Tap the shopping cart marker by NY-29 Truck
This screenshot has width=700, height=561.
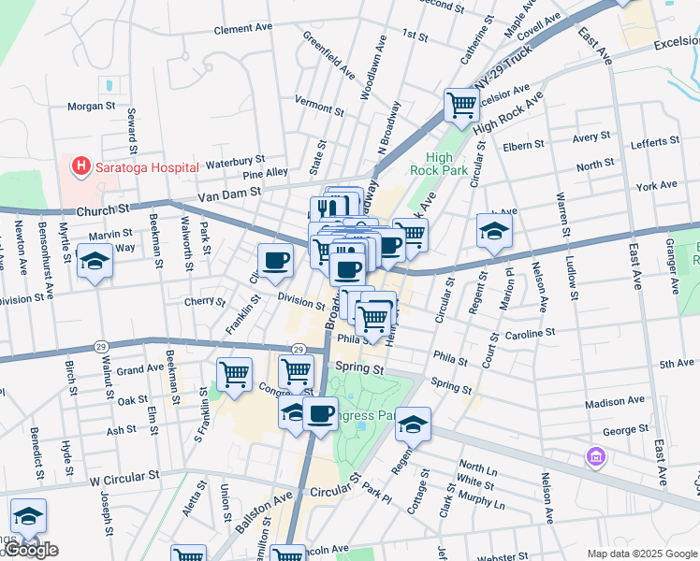461,107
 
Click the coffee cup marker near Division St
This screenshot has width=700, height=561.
275,261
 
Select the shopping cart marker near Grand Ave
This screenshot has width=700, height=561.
234,376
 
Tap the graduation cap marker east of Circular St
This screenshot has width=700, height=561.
493,232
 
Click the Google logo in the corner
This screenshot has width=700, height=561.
31,551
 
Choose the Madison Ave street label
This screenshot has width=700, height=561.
615,401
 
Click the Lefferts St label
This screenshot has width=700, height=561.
655,141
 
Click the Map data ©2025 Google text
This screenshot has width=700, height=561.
643,554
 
